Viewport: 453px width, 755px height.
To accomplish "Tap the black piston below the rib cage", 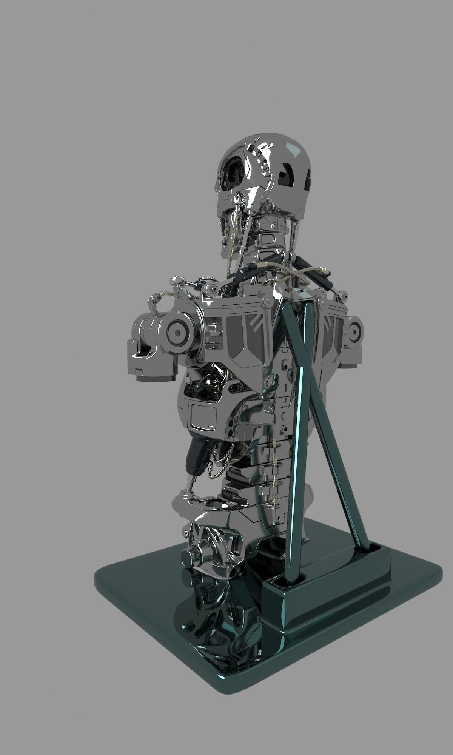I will pos(196,455).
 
